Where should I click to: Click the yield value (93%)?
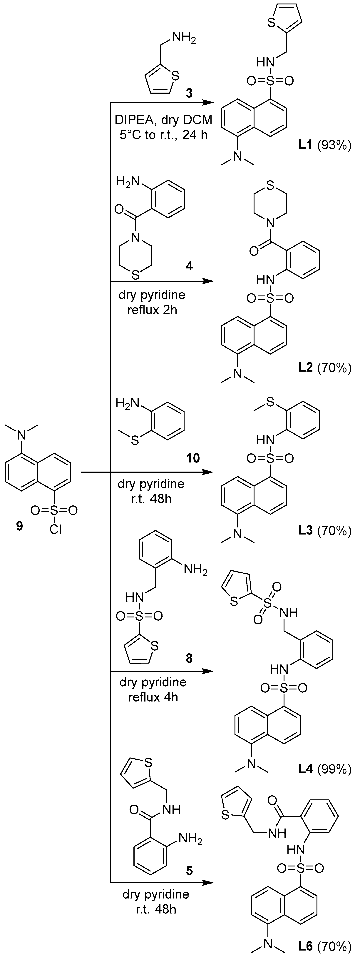pyautogui.click(x=334, y=146)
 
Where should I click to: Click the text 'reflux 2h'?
pyautogui.click(x=152, y=310)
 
